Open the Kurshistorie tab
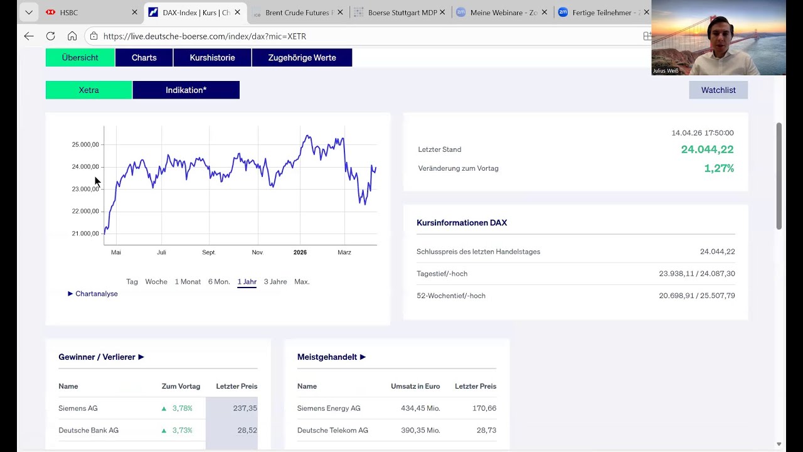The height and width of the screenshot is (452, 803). pos(212,58)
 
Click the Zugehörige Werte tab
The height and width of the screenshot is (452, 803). pos(302,58)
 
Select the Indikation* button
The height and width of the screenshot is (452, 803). pos(186,90)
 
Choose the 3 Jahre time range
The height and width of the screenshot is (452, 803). pos(275,282)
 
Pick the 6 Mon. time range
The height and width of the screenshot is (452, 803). pos(219,282)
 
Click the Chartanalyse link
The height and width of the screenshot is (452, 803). pos(96,294)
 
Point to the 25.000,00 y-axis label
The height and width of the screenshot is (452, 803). pos(85,145)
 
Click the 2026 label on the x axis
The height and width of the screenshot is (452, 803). pos(300,252)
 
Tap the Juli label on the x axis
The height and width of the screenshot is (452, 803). pos(161,252)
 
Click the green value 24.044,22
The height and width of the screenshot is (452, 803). pos(707,149)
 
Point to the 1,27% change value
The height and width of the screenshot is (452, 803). pos(719,168)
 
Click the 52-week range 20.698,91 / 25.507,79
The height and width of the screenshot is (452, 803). pos(696,296)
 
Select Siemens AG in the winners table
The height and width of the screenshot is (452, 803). pos(78,409)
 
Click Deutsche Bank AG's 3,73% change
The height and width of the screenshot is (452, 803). pos(182,431)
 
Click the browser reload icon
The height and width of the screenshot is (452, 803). pos(51,36)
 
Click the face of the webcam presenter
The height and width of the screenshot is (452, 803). pos(717,31)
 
